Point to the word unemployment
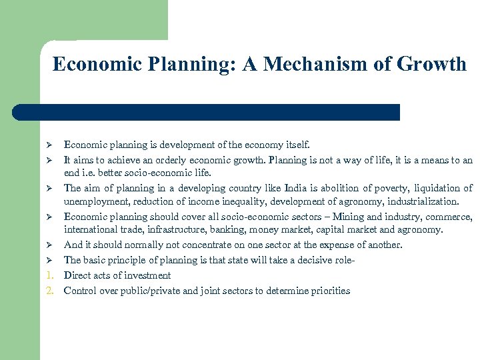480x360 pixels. point(93,201)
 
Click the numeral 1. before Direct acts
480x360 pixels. point(52,275)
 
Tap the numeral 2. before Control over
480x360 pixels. point(52,291)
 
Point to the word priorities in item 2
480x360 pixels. point(327,291)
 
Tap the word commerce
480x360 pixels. point(450,217)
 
